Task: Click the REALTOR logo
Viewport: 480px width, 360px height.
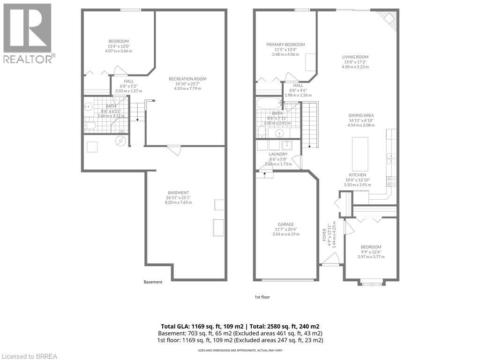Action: pyautogui.click(x=28, y=33)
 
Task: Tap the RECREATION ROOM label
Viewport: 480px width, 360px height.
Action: pyautogui.click(x=187, y=79)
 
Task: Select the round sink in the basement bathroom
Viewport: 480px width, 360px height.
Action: pyautogui.click(x=89, y=106)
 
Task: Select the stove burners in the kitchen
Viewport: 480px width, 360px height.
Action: pyautogui.click(x=391, y=181)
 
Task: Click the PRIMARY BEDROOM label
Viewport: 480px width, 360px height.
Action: pyautogui.click(x=285, y=45)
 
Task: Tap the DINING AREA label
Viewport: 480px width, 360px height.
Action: pyautogui.click(x=361, y=115)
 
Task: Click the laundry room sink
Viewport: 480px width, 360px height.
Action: pyautogui.click(x=286, y=144)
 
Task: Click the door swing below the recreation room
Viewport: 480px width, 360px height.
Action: pyautogui.click(x=174, y=150)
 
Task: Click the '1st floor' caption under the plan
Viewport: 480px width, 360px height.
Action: pyautogui.click(x=262, y=297)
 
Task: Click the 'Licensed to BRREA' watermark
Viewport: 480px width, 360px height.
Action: pyautogui.click(x=29, y=356)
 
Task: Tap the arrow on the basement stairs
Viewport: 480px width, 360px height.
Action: pyautogui.click(x=137, y=119)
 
